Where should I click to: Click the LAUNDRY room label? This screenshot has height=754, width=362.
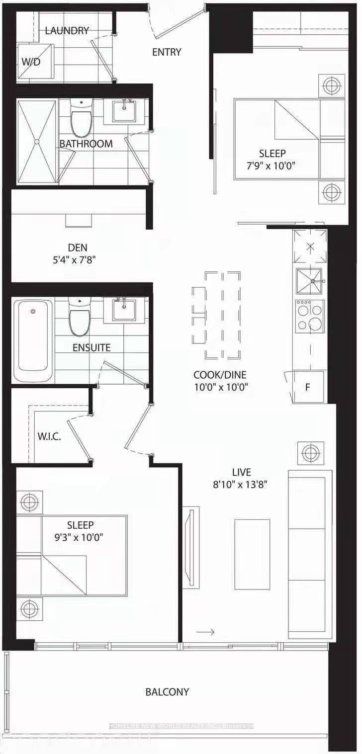coord(67,31)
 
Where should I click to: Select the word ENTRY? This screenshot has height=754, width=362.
coord(167,52)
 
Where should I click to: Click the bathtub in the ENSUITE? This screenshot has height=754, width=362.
coord(33,339)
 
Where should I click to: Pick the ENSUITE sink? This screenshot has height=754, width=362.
coord(125,310)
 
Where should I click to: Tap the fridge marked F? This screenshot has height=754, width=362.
coord(308,387)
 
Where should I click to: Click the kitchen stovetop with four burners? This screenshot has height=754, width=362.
coord(309,317)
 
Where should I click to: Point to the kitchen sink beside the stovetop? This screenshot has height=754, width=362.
coord(309,281)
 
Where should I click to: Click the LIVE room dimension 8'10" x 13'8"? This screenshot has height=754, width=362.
coord(241,485)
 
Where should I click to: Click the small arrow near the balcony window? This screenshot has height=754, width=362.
coord(205,632)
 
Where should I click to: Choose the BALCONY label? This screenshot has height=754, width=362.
coord(167,692)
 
